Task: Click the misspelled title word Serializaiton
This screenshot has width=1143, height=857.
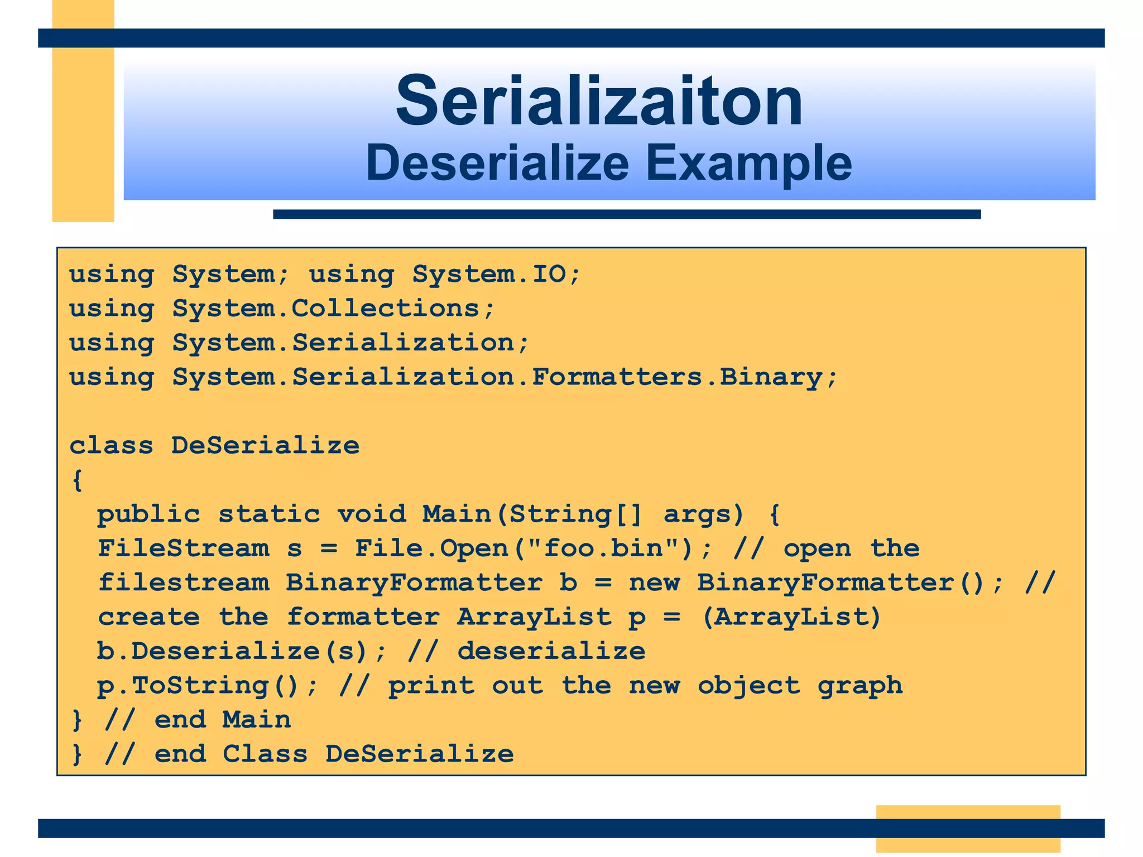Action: point(599,102)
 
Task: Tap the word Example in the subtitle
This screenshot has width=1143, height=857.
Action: point(748,163)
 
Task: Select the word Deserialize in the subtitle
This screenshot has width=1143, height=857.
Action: point(497,163)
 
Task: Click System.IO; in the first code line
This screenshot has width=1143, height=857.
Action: point(497,274)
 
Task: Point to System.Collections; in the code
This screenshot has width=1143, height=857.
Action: point(333,309)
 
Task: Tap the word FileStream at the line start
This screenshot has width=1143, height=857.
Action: point(184,548)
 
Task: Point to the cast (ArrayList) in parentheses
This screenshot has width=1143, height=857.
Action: point(791,617)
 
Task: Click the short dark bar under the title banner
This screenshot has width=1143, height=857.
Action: point(626,214)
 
